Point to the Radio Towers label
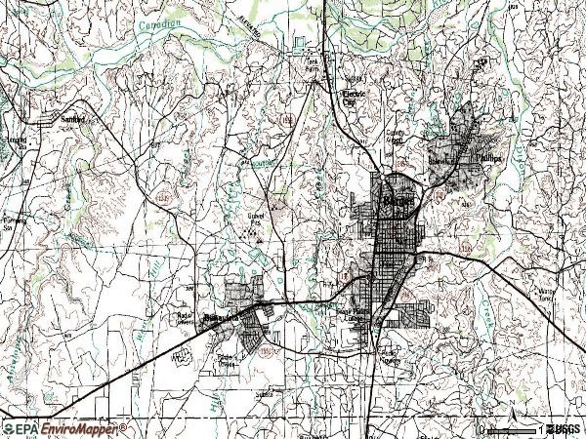point(185,319)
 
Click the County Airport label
point(396,136)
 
